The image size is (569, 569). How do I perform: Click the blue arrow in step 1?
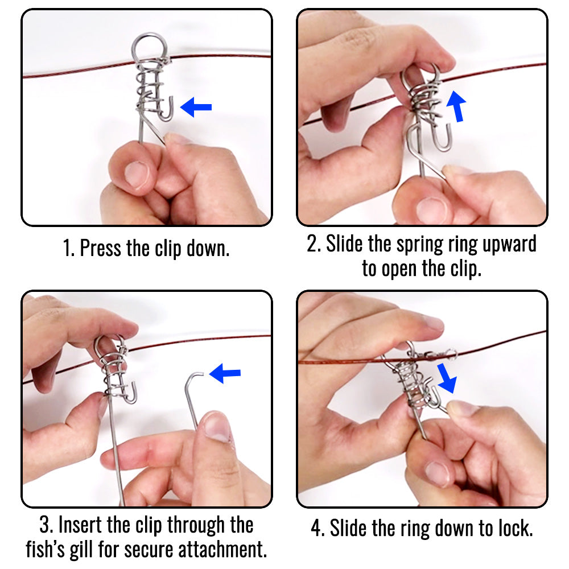[x=196, y=107]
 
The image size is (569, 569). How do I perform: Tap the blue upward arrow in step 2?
[x=456, y=106]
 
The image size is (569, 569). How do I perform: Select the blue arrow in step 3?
[x=225, y=373]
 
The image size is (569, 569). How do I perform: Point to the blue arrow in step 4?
[x=447, y=378]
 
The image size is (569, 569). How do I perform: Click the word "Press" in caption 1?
[x=101, y=248]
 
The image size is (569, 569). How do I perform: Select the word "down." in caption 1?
[x=208, y=248]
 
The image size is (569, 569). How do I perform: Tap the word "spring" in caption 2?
[x=420, y=244]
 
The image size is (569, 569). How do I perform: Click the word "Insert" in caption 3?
[x=80, y=525]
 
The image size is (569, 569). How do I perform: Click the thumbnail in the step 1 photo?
[x=137, y=174]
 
